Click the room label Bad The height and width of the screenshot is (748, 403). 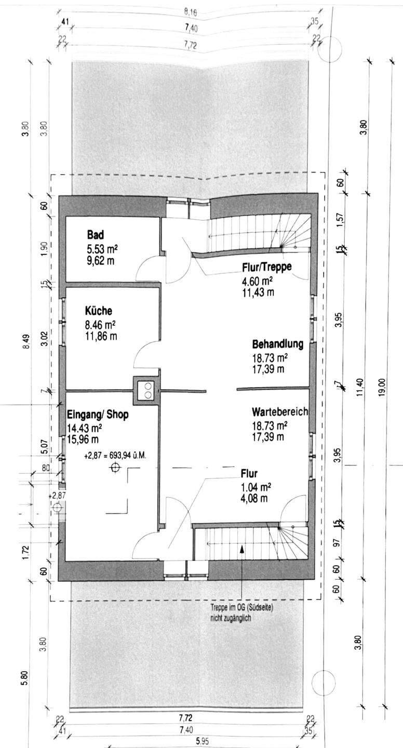tap(96, 235)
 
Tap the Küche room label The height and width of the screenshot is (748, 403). tap(99, 311)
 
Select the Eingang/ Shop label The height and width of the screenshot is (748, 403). tap(98, 415)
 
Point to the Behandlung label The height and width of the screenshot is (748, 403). tap(278, 344)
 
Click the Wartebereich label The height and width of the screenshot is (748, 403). tap(280, 412)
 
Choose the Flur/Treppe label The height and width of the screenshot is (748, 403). tap(267, 267)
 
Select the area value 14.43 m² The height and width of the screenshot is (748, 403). tap(85, 428)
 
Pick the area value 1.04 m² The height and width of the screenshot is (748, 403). tap(256, 487)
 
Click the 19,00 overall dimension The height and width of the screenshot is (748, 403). tap(382, 386)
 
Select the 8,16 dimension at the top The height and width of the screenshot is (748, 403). tap(191, 12)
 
